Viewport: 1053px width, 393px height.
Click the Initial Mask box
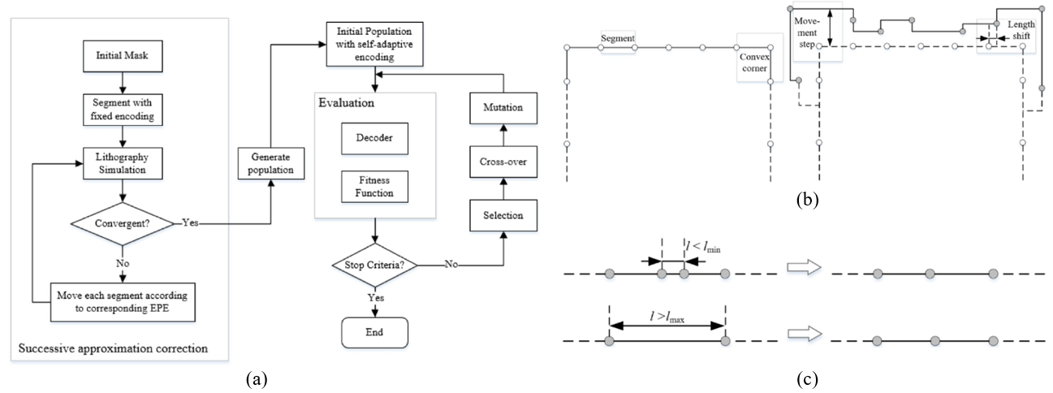[121, 58]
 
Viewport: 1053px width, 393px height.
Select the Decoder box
[375, 138]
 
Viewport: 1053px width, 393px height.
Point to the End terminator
[375, 331]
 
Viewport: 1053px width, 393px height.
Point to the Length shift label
[1020, 32]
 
